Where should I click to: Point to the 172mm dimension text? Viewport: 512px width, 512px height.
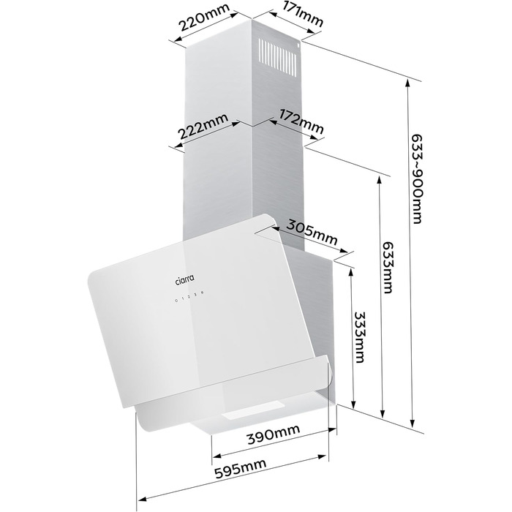tap(301, 121)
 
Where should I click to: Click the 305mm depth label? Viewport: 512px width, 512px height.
tap(312, 232)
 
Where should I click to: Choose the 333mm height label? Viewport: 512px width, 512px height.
tap(360, 337)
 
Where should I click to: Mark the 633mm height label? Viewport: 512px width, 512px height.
tap(388, 268)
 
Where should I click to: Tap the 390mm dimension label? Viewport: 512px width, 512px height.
tap(274, 434)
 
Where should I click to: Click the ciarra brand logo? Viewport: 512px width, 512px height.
tap(184, 280)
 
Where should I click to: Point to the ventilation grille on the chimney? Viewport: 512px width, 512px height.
tap(277, 58)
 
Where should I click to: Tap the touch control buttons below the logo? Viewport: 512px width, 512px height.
tap(189, 296)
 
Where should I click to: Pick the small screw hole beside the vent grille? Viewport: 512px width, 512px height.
tap(298, 45)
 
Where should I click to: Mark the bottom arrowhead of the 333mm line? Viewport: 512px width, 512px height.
tap(353, 404)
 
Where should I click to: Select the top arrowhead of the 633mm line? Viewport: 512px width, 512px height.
tap(380, 181)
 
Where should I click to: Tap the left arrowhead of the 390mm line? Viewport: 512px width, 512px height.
tap(217, 455)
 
